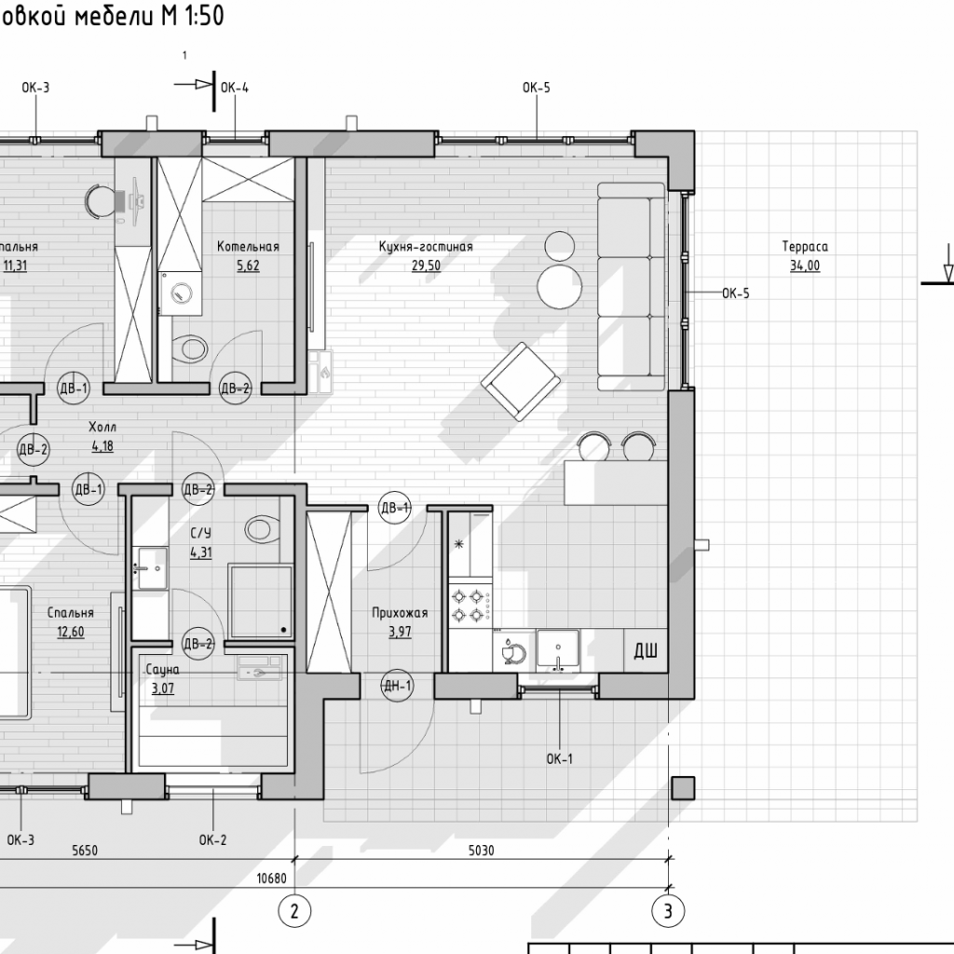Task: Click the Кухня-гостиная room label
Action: pos(425,246)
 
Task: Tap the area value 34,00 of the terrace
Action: pos(804,266)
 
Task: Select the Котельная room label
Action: pos(248,246)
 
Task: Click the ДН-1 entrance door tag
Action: pos(398,687)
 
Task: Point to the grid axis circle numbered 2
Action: pos(294,911)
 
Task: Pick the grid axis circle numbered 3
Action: pos(668,911)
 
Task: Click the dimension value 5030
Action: pos(482,850)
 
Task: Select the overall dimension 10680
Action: pos(271,878)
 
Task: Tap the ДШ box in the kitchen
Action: pos(646,651)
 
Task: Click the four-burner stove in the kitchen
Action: pos(470,604)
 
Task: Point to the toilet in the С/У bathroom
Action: pos(262,529)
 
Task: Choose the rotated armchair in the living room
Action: pos(521,381)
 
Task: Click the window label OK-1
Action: pos(559,758)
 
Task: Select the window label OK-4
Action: pos(234,88)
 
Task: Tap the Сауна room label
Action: pos(162,670)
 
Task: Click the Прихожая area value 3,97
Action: pos(400,632)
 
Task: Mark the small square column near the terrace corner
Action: pos(683,788)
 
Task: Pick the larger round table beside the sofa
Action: pos(560,287)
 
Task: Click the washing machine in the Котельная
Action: pos(180,293)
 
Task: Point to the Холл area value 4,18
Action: pos(102,446)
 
